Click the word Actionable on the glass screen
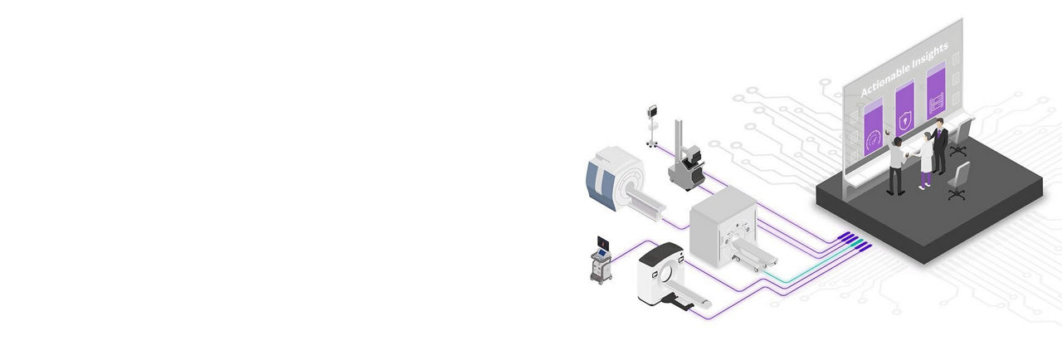pyautogui.click(x=884, y=78)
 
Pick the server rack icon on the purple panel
pyautogui.click(x=936, y=103)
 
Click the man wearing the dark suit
pyautogui.click(x=938, y=146)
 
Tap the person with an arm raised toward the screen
pyautogui.click(x=895, y=164)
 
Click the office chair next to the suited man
pyautogui.click(x=960, y=138)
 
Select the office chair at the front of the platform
pyautogui.click(x=958, y=181)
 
